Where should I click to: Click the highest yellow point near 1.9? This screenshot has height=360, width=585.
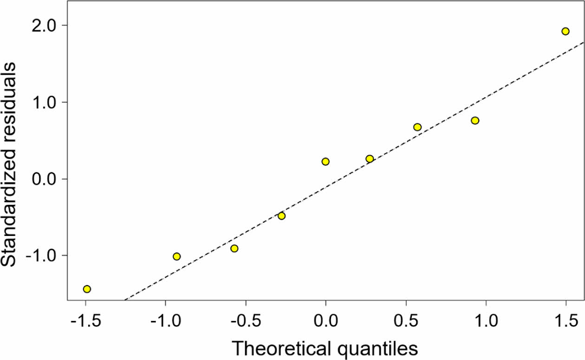565,31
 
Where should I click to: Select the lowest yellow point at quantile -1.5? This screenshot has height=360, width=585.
87,289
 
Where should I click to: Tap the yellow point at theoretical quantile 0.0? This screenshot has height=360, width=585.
325,162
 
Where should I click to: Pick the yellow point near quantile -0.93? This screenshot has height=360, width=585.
176,256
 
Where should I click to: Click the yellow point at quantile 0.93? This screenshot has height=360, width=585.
475,120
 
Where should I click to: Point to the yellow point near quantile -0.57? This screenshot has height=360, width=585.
234,249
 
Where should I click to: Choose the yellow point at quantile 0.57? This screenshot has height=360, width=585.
417,127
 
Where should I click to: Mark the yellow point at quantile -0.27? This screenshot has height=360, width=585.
281,216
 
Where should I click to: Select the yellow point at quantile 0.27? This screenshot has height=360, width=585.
370,159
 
